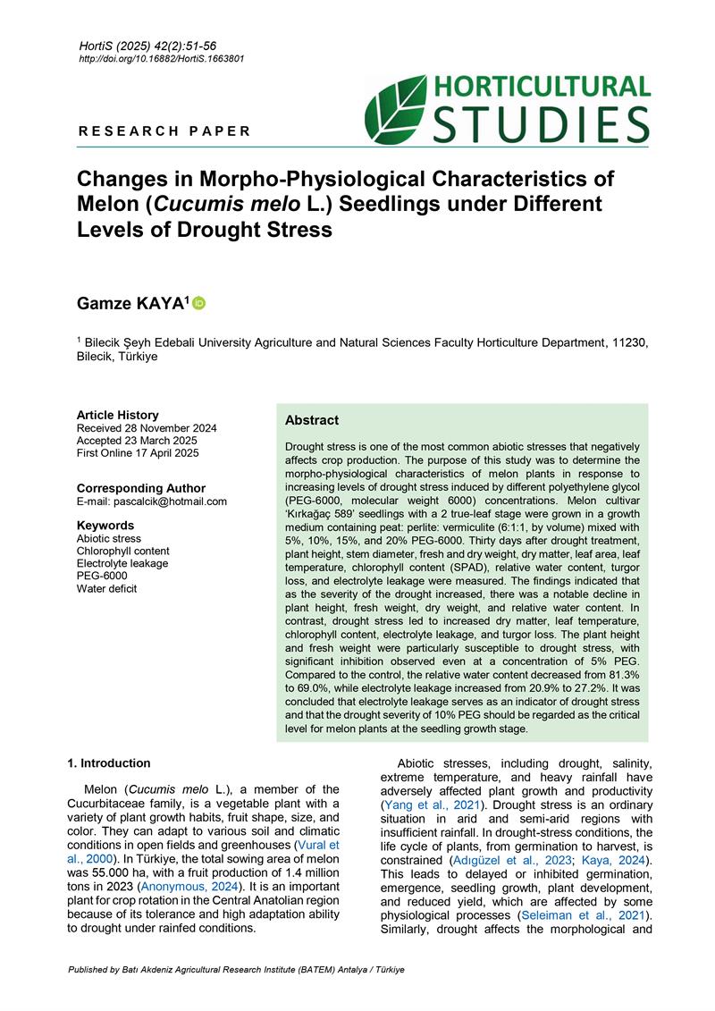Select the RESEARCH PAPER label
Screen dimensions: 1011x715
[x=164, y=131]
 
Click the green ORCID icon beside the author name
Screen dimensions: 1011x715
[x=199, y=304]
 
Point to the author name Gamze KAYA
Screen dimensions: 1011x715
[x=131, y=305]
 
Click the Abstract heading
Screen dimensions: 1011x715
[x=312, y=420]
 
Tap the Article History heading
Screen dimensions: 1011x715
[x=117, y=415]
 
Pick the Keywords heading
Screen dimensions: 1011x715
[x=105, y=526]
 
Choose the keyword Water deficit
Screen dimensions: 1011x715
[x=106, y=588]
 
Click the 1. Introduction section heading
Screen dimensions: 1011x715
[x=109, y=763]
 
